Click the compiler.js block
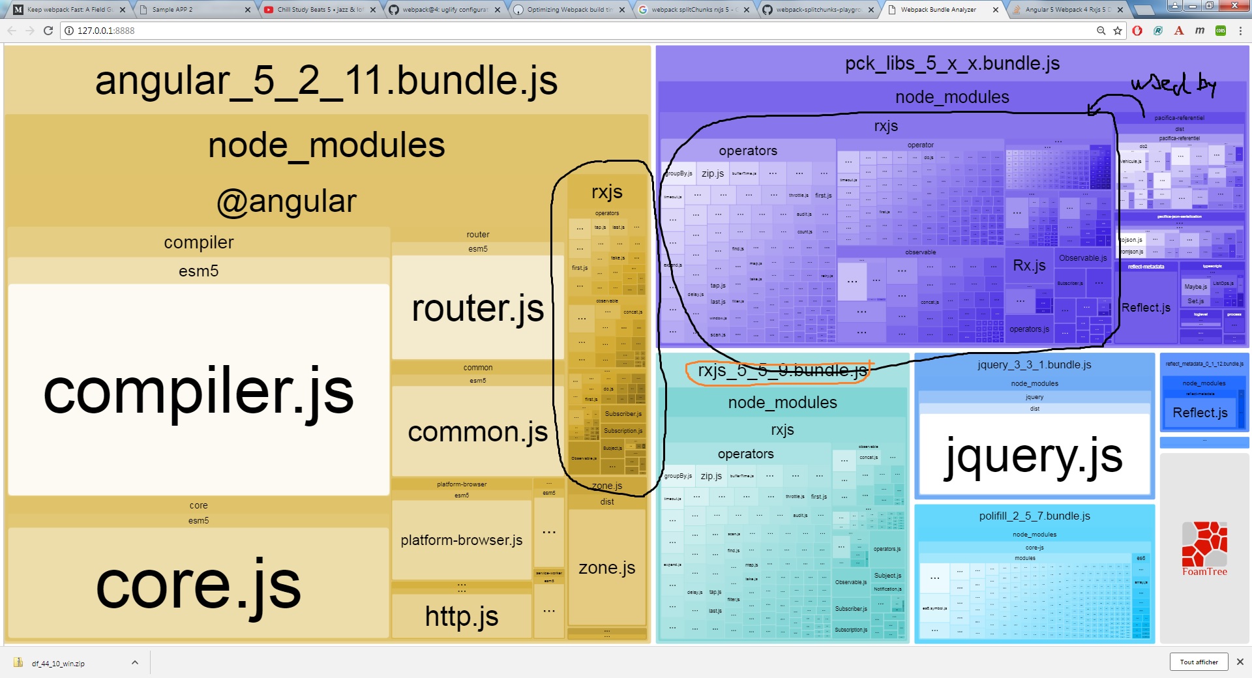pos(198,391)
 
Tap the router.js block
pos(477,308)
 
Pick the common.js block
pos(477,432)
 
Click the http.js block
pos(462,616)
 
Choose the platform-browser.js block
pos(462,540)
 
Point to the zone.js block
pos(606,568)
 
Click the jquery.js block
pos(1034,456)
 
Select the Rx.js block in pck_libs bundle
pos(1029,265)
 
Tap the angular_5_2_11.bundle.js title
pos(326,81)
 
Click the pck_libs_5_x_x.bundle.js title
pos(952,63)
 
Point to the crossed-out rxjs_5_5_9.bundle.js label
pos(782,371)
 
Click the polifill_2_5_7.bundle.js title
pos(1034,516)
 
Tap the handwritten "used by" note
pos(1173,85)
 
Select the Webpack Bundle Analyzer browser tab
pos(938,10)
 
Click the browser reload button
pos(48,31)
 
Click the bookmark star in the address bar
pos(1118,31)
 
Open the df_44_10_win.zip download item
pos(58,663)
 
